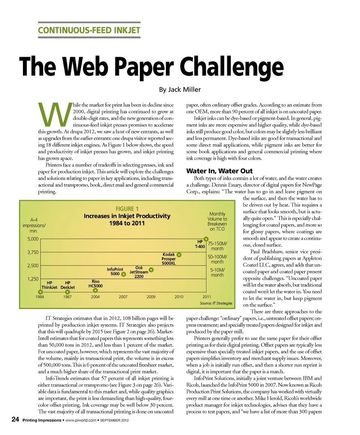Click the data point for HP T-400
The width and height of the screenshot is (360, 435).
[x=207, y=238]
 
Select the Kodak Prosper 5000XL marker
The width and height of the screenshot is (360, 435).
[x=179, y=255]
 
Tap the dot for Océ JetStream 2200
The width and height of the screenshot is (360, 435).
[x=151, y=270]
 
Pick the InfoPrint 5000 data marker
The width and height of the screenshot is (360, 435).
[x=123, y=274]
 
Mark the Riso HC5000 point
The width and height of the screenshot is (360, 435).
[x=96, y=289]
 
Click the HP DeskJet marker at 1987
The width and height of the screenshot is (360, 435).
[x=67, y=291]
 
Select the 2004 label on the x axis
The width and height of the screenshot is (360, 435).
[x=95, y=297]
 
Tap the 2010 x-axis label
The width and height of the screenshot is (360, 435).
[x=179, y=297]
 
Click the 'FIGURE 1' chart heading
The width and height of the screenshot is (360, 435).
[x=127, y=209]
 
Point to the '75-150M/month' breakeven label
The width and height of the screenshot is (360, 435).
[x=217, y=246]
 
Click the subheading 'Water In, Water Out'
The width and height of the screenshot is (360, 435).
[x=219, y=171]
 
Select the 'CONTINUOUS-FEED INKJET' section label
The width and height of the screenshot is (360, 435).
[x=89, y=30]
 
